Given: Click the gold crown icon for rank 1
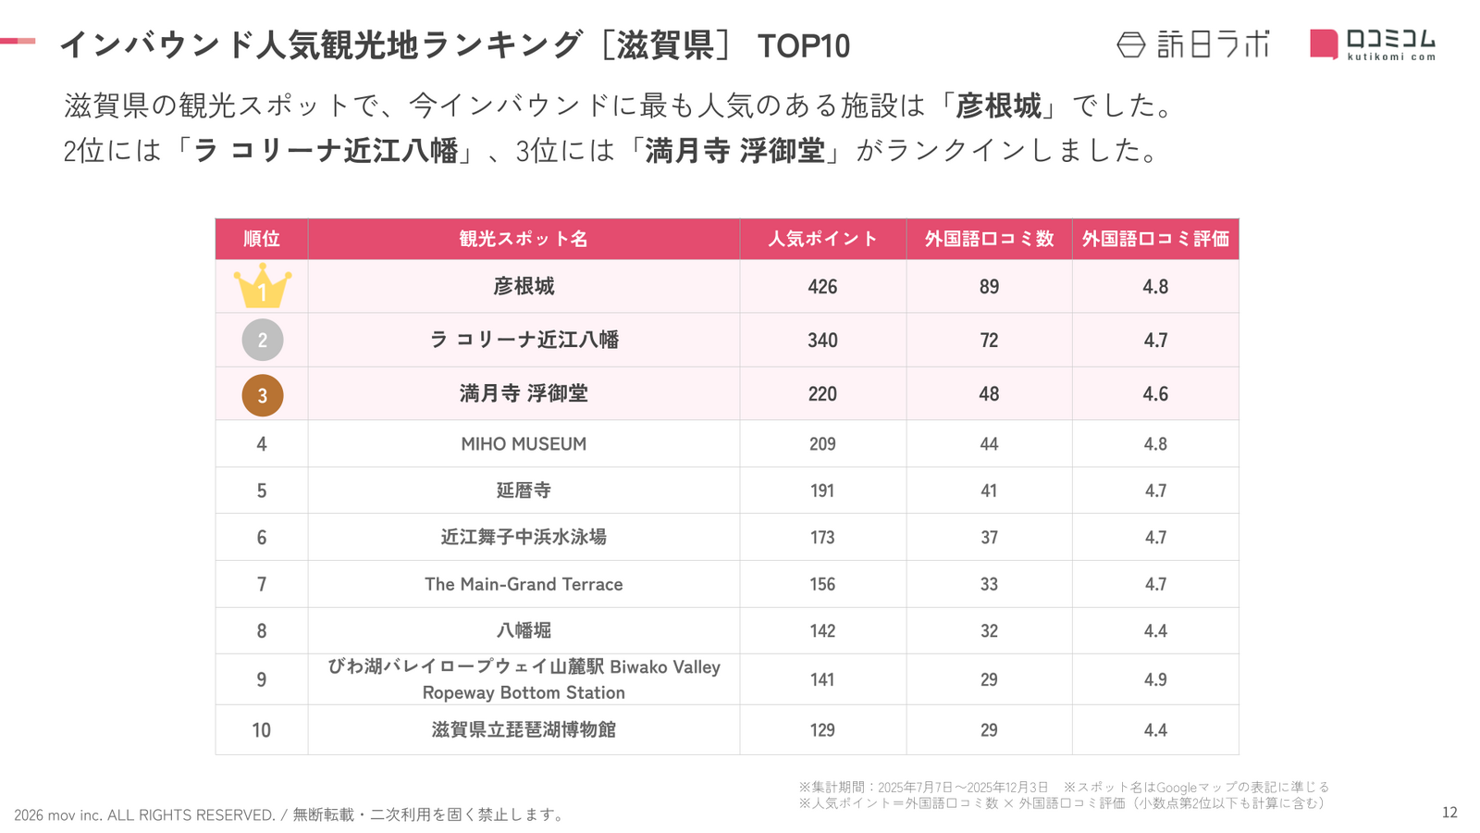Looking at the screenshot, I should (263, 286).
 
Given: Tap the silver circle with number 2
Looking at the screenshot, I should (263, 340).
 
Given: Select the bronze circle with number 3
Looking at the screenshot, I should (263, 395).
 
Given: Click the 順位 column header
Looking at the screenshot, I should (262, 239).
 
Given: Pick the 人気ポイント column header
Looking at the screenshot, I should (822, 239).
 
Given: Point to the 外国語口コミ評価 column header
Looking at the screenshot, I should (1155, 239).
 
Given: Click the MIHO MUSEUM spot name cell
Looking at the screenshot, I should (524, 444).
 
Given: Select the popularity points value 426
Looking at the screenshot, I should (822, 287).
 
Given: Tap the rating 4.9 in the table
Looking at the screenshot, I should (1155, 679).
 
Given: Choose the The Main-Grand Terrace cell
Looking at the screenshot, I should (524, 584).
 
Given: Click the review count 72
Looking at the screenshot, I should (989, 341).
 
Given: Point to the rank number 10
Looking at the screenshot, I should (262, 730).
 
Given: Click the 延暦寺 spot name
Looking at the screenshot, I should (524, 491).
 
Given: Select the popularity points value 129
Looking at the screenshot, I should (822, 730).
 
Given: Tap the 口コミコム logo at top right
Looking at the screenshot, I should (1373, 44).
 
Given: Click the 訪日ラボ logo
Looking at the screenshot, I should (1193, 44).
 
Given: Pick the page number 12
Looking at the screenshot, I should (1449, 813).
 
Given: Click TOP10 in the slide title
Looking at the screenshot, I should (803, 46).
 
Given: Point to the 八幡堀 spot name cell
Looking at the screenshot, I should (524, 630).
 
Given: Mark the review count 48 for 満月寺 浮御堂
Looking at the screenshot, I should (989, 394).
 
